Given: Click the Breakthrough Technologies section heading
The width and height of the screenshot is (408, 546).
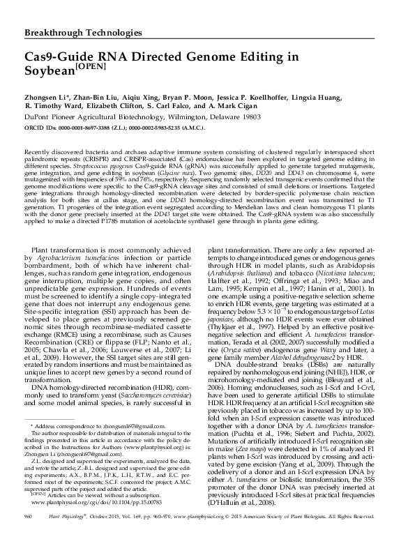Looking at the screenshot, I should click(x=83, y=33).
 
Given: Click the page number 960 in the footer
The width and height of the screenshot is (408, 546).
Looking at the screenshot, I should click(x=29, y=536).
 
